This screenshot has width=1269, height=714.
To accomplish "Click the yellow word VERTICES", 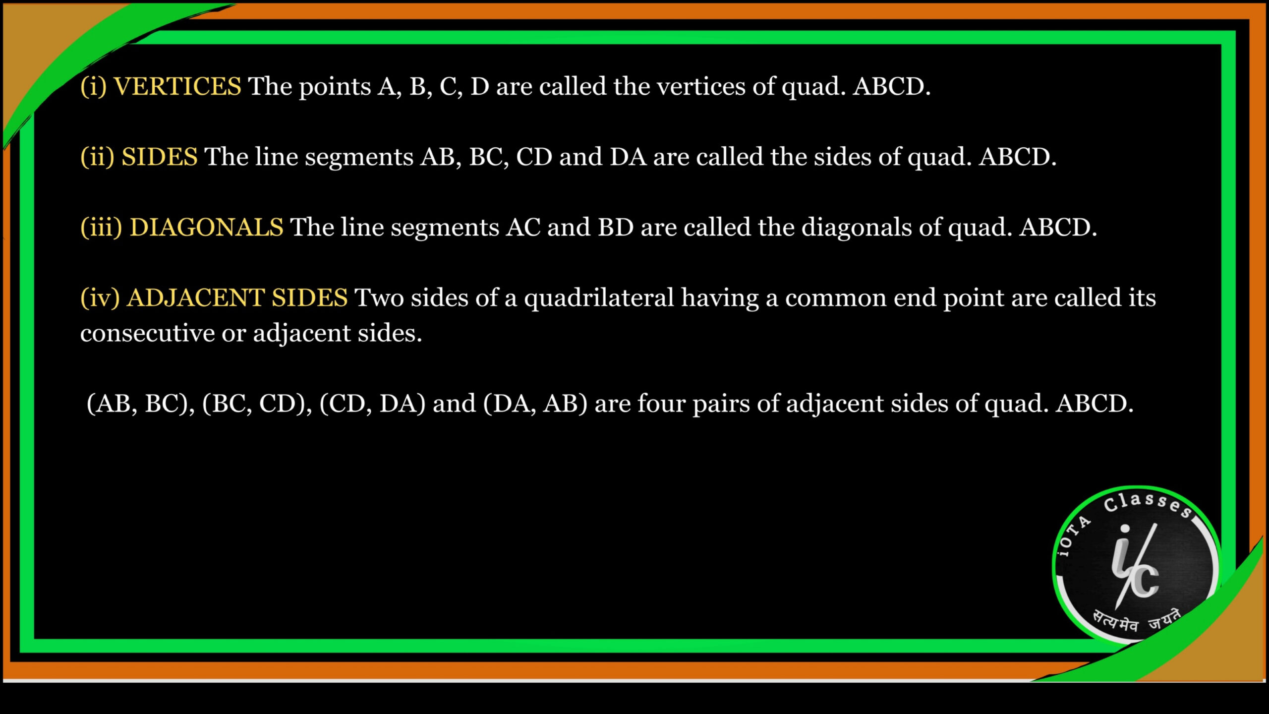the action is [177, 86].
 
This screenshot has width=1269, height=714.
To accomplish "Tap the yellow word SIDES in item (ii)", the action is [160, 157].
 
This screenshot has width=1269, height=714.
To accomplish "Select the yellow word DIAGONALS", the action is [206, 227].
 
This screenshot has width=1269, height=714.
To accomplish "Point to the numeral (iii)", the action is [101, 228].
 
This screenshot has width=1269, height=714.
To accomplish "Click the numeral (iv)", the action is [100, 298].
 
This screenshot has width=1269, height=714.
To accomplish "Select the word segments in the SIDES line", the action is [359, 158].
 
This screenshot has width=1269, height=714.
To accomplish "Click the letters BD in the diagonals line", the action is [616, 228].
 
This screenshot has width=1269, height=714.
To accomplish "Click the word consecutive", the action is [147, 333].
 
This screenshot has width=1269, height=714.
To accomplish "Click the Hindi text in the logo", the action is [1137, 622].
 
